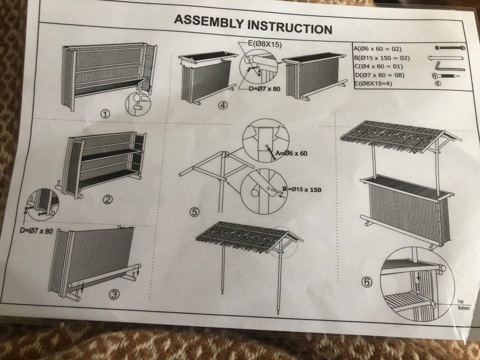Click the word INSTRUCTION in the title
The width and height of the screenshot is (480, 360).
point(290,27)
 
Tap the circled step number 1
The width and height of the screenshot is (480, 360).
point(105,114)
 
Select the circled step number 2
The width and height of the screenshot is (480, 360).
point(107,199)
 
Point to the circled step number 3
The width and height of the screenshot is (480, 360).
point(114,294)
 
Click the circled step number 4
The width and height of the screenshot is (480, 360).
point(223,105)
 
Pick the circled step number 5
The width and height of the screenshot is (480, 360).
point(194,212)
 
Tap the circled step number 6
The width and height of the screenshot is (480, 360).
point(367,281)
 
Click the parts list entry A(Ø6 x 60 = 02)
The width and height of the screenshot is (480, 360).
point(377,48)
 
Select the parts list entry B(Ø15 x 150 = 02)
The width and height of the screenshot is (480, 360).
point(382,58)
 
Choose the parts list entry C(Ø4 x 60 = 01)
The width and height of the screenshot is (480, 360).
point(378,66)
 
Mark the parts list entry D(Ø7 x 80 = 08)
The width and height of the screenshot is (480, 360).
point(379,75)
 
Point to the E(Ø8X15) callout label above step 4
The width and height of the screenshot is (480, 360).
point(265,44)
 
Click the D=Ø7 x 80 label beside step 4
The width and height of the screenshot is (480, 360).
point(264,89)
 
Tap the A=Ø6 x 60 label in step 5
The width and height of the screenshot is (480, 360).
point(291,153)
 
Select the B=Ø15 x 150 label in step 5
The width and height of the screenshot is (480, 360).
point(302,189)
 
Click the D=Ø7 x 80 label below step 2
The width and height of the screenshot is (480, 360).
point(36,231)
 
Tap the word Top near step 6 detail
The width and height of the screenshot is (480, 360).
point(460,301)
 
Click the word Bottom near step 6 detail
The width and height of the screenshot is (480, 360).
point(464,308)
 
